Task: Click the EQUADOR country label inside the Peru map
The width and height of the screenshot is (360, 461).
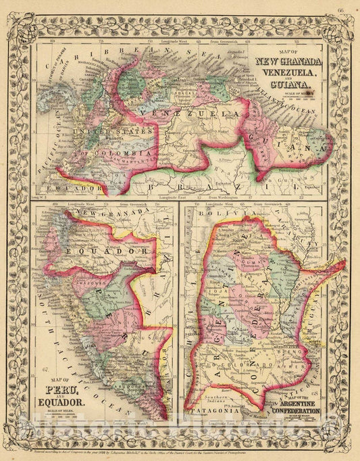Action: pos(105,250)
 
